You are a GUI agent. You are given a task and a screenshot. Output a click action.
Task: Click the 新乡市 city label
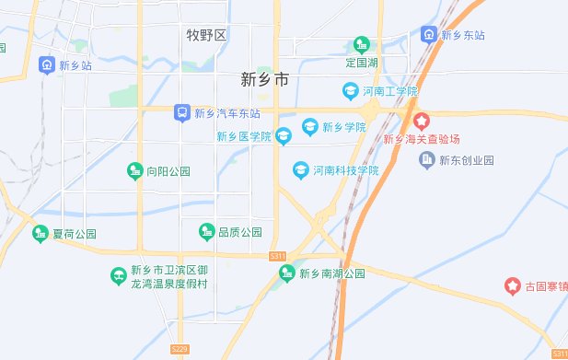pos(264,80)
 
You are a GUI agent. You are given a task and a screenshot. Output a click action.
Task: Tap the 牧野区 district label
pos(205,36)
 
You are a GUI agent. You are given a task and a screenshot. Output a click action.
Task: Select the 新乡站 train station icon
pos(46,65)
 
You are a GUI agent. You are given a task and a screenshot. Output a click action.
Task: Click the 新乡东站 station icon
pos(428,35)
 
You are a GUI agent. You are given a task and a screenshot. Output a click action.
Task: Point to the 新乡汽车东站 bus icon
pos(182,113)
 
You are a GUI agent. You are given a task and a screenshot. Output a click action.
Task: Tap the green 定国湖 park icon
pos(362,45)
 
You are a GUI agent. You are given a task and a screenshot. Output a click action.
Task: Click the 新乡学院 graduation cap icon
pos(310,125)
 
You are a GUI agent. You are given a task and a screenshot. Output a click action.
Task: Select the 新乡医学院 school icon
pos(284,137)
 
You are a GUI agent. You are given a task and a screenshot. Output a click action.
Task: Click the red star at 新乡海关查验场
pos(421,121)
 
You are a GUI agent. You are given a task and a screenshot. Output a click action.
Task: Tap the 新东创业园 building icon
pos(427,160)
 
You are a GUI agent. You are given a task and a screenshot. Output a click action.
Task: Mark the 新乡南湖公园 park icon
pos(287,274)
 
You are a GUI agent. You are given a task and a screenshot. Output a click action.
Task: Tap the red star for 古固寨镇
pos(512,286)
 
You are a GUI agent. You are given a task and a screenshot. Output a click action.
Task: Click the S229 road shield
pos(180,349)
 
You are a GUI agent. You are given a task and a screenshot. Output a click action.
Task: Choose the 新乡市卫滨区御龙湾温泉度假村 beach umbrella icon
pos(118,275)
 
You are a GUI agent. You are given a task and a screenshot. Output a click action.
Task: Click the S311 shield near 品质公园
pos(278,255)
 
